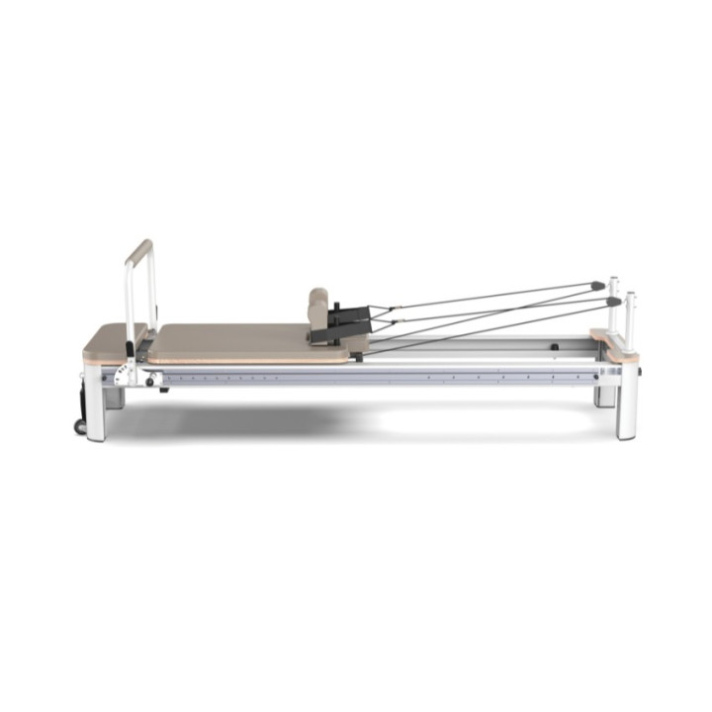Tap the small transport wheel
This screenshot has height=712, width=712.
point(79,426)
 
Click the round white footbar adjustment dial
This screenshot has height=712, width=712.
point(123,375)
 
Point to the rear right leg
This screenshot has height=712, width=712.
point(604,396)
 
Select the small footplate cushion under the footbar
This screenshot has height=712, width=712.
point(110,341)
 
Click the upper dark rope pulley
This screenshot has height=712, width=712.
point(598,286)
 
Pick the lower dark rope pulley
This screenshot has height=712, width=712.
point(613,301)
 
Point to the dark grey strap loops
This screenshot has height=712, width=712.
point(354,319)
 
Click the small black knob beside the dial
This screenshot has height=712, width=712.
point(150,382)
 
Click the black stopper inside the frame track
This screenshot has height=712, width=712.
point(555,347)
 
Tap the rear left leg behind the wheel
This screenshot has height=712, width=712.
point(115,399)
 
